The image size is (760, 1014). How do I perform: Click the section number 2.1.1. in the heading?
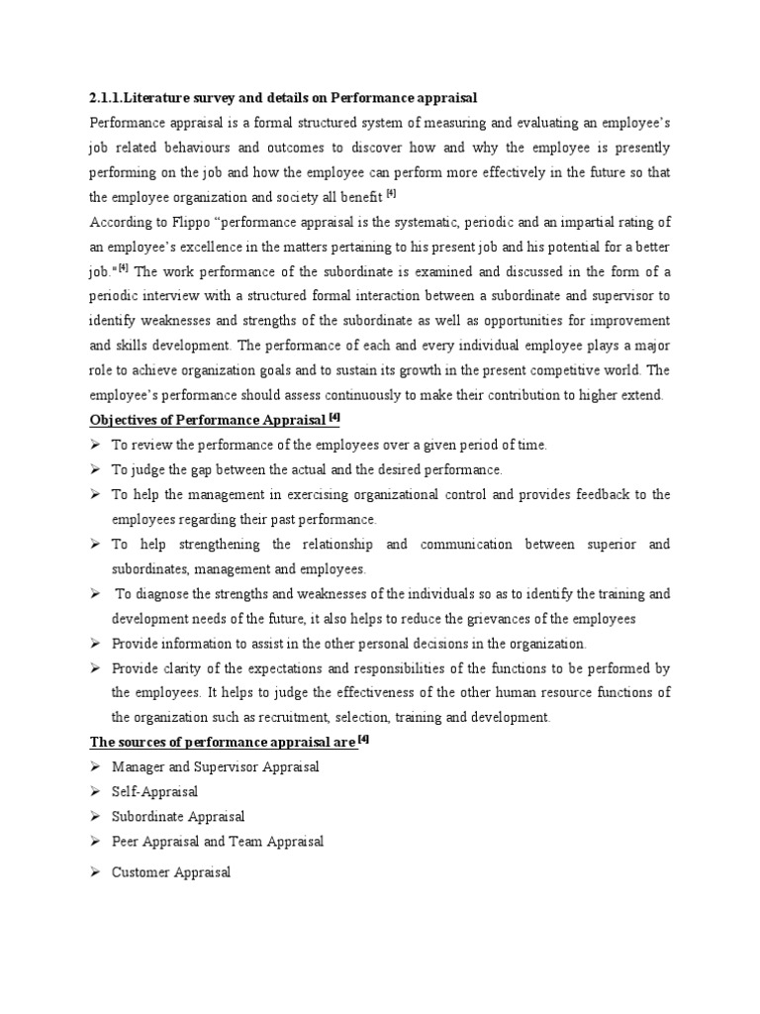[106, 97]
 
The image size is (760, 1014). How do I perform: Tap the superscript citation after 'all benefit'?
[391, 194]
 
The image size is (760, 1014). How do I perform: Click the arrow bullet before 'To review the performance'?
[96, 445]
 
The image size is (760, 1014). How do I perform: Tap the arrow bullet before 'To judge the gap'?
[96, 469]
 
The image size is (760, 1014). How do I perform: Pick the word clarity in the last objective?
[188, 667]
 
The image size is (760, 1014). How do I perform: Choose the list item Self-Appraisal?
[155, 791]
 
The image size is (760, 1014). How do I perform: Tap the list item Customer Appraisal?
[171, 872]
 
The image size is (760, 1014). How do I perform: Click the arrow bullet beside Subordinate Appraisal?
[96, 816]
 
